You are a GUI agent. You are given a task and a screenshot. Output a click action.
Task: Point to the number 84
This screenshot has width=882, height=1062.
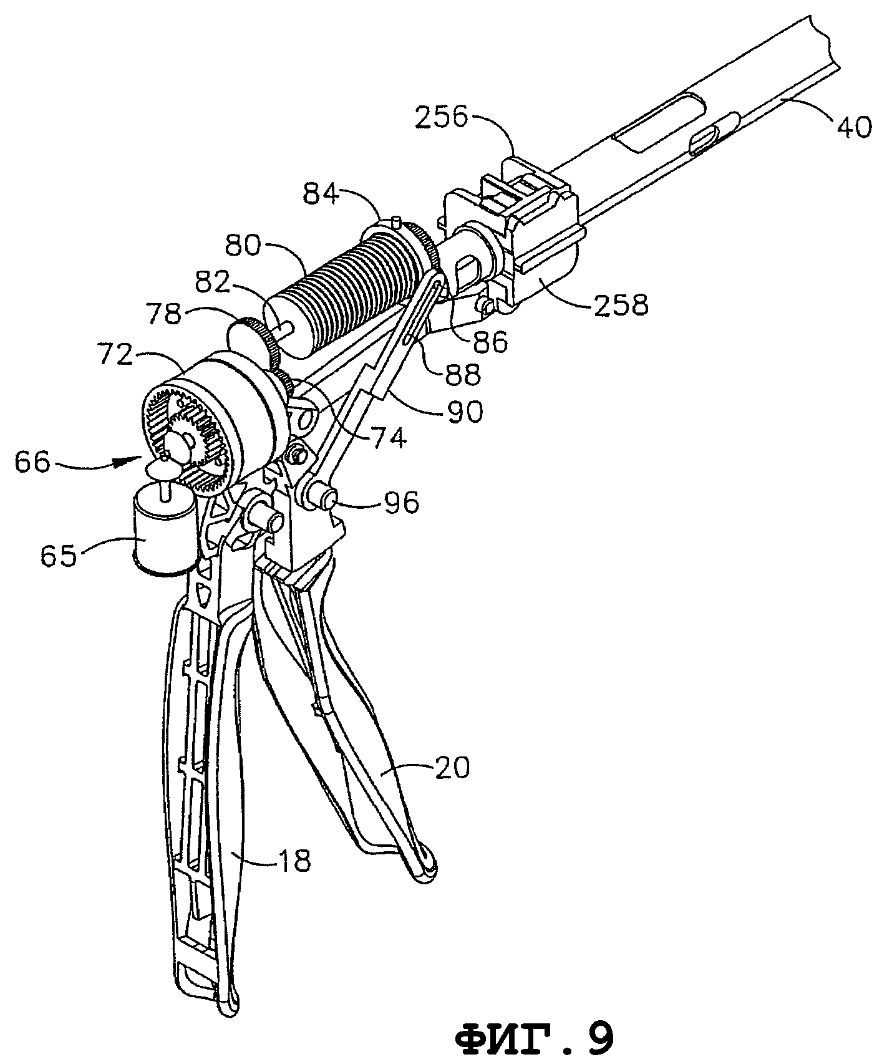tap(322, 195)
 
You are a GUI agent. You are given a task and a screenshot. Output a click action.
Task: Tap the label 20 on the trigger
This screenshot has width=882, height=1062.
tap(453, 768)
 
